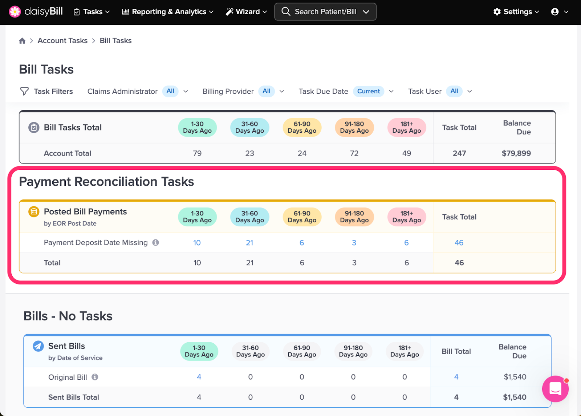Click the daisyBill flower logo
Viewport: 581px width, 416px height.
click(15, 12)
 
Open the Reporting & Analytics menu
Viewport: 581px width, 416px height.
click(167, 12)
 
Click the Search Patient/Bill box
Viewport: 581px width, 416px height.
click(325, 12)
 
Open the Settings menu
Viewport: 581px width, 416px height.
click(516, 12)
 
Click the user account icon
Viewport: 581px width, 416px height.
click(555, 12)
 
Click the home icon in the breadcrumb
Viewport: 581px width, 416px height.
click(22, 41)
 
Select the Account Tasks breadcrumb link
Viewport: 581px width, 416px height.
click(62, 41)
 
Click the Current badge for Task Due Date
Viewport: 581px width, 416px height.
click(368, 91)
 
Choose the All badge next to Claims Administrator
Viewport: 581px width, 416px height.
click(170, 91)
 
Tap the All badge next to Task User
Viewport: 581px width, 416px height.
click(454, 91)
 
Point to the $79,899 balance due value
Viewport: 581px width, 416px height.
click(516, 153)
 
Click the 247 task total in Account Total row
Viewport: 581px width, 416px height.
click(459, 153)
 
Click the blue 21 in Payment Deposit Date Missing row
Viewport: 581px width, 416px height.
click(249, 243)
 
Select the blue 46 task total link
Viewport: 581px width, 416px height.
click(459, 243)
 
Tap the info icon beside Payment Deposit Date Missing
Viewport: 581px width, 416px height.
click(156, 242)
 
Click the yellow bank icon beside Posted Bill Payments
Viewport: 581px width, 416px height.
click(34, 212)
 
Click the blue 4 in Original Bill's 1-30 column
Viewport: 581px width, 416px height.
click(199, 377)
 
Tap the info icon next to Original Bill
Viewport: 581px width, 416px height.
click(95, 377)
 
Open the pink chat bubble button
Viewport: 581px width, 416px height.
click(555, 389)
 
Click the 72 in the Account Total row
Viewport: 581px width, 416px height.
click(354, 153)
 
